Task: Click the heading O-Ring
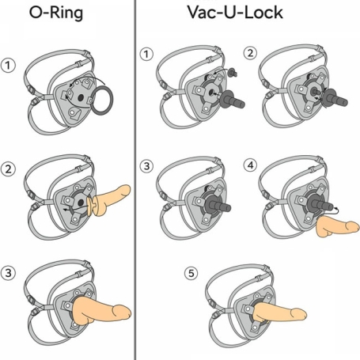(56, 13)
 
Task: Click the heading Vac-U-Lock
(235, 13)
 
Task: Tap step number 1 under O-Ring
(8, 66)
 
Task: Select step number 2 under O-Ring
(8, 169)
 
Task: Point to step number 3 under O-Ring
(8, 273)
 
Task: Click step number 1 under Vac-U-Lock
(146, 55)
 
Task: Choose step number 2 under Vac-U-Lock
(250, 53)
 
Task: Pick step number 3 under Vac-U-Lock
(146, 166)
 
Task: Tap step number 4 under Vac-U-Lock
(250, 165)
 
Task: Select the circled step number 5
(191, 273)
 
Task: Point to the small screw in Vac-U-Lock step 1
(233, 72)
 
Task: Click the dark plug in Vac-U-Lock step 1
(231, 100)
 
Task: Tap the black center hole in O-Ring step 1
(81, 98)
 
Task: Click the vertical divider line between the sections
(135, 180)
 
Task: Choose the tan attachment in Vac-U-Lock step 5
(279, 313)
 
